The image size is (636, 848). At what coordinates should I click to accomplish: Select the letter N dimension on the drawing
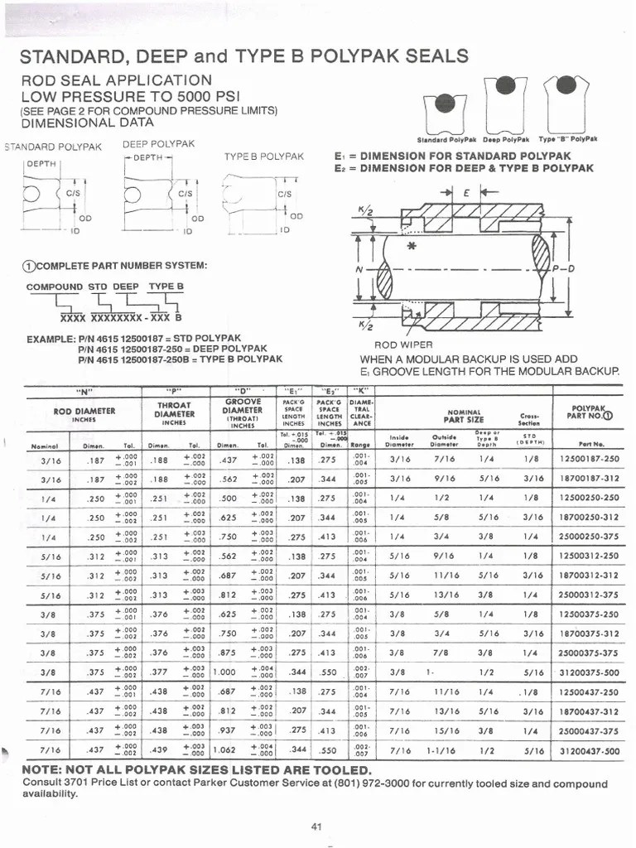pos(358,269)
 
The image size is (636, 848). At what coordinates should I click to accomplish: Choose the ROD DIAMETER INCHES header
pos(84,414)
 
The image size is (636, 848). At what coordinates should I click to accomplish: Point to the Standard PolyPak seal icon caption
pos(445,140)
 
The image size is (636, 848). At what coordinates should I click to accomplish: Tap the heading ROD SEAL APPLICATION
pos(116,80)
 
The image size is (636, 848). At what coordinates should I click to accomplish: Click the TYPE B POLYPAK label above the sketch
pos(263,157)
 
